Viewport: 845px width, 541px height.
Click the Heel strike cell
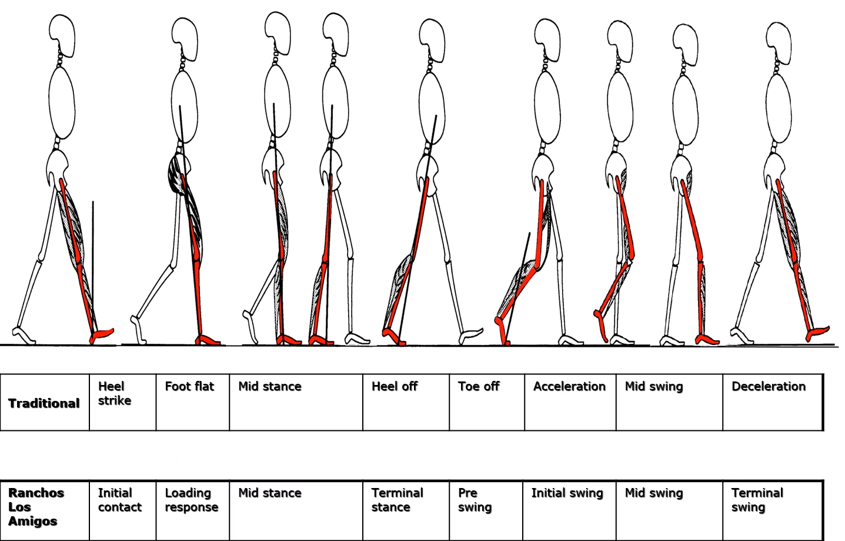point(122,402)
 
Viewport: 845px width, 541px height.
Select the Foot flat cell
point(192,402)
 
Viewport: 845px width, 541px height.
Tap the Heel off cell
point(406,402)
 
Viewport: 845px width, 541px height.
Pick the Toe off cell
point(486,402)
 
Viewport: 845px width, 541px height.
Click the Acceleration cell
point(570,402)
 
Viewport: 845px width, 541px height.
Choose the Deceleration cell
point(772,402)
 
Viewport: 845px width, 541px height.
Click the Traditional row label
point(44,403)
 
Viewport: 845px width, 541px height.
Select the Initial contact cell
point(122,510)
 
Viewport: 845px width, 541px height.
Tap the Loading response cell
point(192,510)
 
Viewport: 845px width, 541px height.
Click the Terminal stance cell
point(406,510)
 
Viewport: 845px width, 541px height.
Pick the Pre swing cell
point(486,510)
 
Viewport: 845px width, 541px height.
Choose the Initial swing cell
point(569,510)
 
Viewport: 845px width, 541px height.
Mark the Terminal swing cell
point(772,510)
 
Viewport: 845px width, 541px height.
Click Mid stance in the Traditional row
point(296,402)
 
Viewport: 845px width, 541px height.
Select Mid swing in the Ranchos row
point(669,510)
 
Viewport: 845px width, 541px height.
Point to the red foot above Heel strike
point(102,335)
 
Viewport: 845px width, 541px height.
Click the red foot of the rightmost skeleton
point(817,333)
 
